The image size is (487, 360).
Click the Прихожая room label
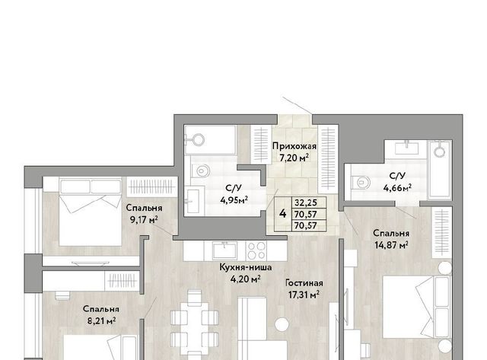(294, 146)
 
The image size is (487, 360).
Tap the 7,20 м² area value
(294, 158)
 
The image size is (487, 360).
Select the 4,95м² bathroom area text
(234, 200)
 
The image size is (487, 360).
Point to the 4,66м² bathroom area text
(397, 187)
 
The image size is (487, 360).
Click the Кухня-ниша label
(246, 267)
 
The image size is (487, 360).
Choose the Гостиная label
(304, 283)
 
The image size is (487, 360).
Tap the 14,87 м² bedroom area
(391, 245)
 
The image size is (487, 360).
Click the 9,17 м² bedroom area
(144, 220)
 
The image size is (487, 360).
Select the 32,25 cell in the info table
(306, 202)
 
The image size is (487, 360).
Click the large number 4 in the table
(282, 214)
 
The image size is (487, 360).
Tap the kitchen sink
(224, 250)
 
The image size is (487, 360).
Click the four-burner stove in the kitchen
(256, 250)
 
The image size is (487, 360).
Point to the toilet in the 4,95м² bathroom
(201, 170)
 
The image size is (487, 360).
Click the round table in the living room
(282, 324)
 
